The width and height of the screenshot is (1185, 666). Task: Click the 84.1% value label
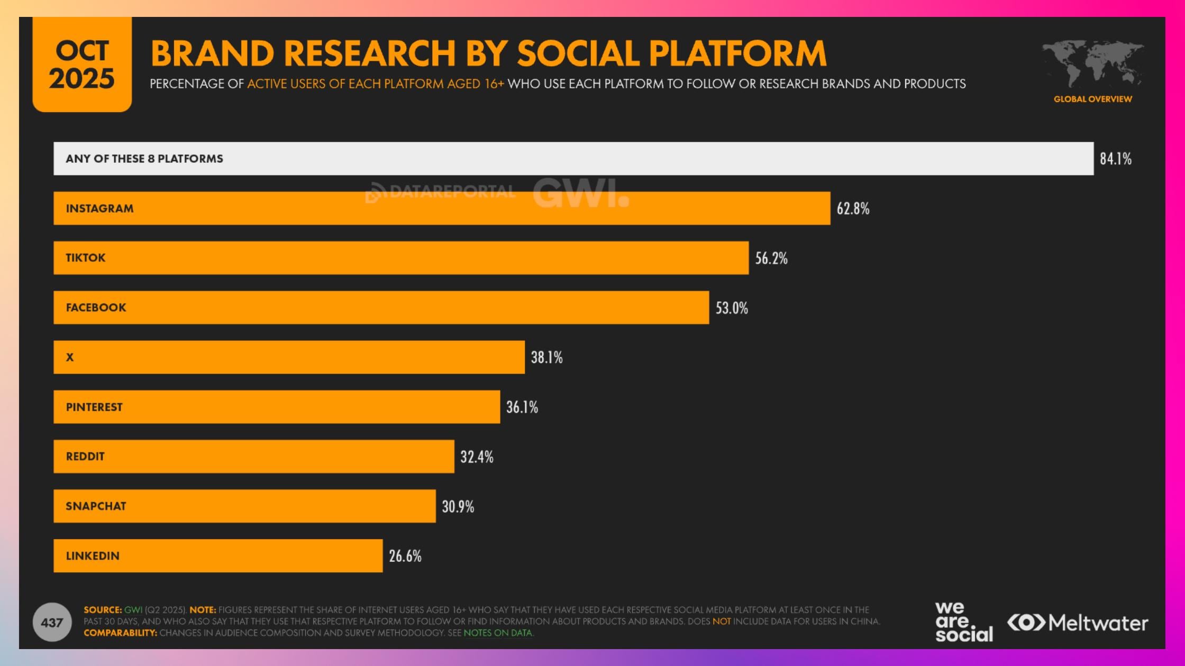point(1115,159)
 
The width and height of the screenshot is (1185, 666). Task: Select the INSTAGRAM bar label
point(99,208)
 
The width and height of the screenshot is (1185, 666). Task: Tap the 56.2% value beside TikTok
point(771,258)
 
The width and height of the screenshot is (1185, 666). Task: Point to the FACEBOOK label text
point(96,308)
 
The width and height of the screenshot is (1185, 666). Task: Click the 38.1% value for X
point(546,357)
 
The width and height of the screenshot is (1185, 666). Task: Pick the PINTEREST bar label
point(94,407)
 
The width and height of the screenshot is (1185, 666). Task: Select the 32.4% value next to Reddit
point(477,457)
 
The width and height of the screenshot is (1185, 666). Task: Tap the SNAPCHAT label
point(96,506)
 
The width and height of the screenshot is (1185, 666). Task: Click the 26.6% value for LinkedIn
point(405,556)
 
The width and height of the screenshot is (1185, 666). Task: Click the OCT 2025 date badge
point(82,64)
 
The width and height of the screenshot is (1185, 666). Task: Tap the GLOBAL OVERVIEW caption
point(1092,99)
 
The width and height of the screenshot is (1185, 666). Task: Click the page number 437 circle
point(52,623)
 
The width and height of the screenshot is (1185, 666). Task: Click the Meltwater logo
point(1078,623)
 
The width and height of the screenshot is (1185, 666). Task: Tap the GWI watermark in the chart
point(580,193)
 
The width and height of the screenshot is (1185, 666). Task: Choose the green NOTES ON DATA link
point(498,633)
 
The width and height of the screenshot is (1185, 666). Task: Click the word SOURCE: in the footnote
point(103,609)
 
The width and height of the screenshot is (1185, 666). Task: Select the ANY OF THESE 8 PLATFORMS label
point(144,159)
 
